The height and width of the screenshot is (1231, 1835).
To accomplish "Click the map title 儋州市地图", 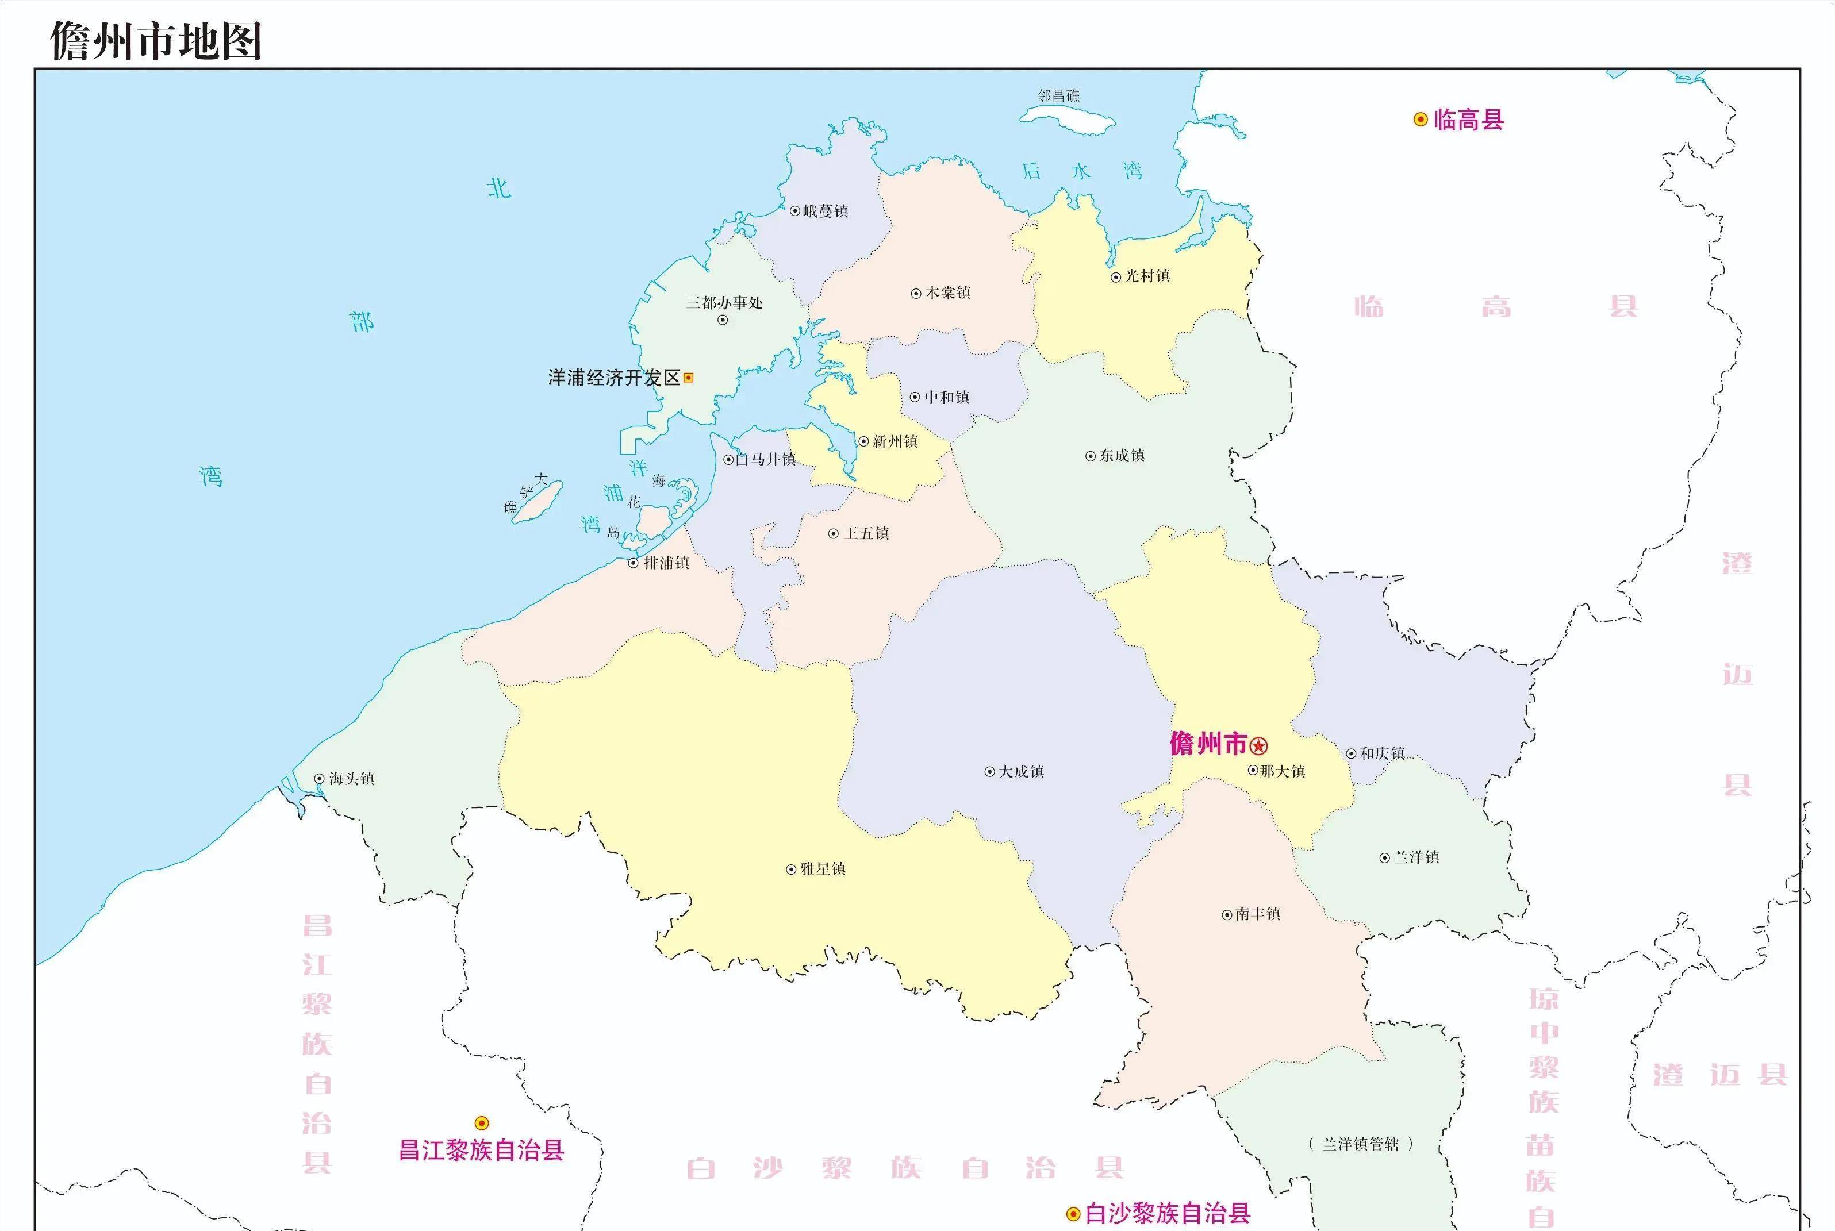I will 155,41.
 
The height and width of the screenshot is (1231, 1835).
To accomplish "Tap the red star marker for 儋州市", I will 1258,745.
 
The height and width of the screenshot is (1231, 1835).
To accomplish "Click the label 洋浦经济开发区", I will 613,378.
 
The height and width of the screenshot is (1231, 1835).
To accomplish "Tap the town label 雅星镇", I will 823,869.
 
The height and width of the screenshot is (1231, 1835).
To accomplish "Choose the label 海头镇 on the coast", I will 351,779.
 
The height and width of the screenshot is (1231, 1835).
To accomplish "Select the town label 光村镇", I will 1147,275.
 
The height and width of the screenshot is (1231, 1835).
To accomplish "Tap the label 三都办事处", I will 724,303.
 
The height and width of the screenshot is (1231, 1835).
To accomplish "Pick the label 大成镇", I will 1021,772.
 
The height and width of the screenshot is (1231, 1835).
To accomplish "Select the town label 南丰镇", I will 1257,914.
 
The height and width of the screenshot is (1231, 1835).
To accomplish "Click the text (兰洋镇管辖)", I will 1360,1144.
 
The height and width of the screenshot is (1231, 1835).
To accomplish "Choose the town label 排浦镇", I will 666,563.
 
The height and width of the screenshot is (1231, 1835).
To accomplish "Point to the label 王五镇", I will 866,534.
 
